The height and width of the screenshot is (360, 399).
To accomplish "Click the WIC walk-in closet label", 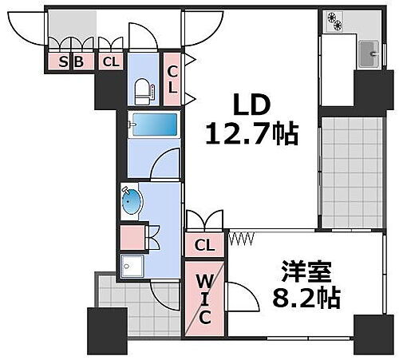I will (x=204, y=299).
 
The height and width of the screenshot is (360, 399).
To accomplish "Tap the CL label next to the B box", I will (x=110, y=61).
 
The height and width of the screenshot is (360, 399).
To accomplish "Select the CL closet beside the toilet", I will (x=172, y=78).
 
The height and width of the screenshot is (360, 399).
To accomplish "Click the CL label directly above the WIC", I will (x=205, y=245).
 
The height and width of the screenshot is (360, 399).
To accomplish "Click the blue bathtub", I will (x=154, y=126).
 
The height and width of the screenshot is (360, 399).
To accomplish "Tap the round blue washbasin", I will (x=132, y=201).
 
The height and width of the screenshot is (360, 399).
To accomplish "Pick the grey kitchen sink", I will (x=370, y=54).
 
